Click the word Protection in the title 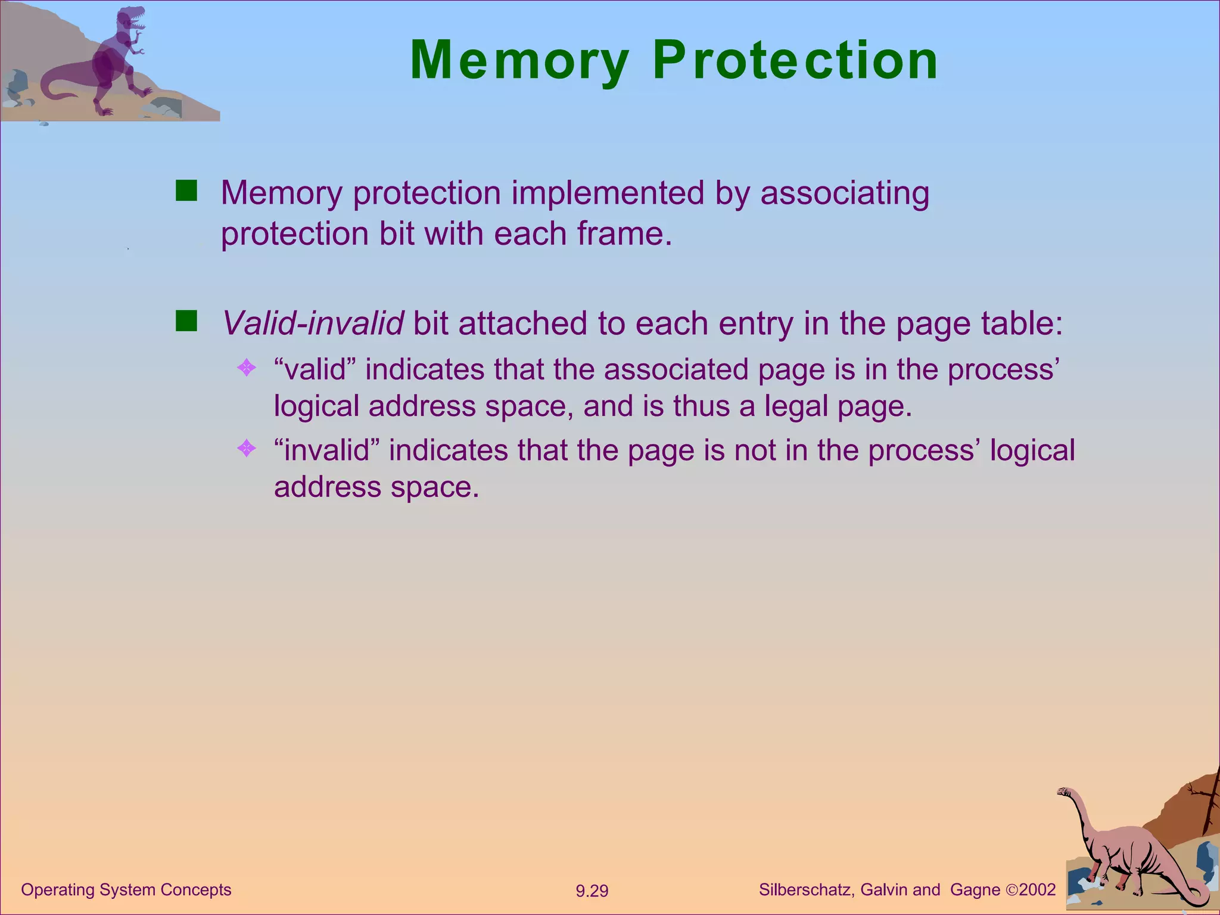click(795, 61)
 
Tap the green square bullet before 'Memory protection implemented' click(186, 191)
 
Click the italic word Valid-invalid click(312, 323)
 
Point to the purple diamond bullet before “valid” click(246, 368)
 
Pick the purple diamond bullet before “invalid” click(246, 448)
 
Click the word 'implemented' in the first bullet click(608, 193)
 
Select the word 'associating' click(844, 193)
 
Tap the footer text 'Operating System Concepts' click(126, 890)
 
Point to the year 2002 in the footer click(1037, 890)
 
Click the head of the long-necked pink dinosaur click(1065, 792)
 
